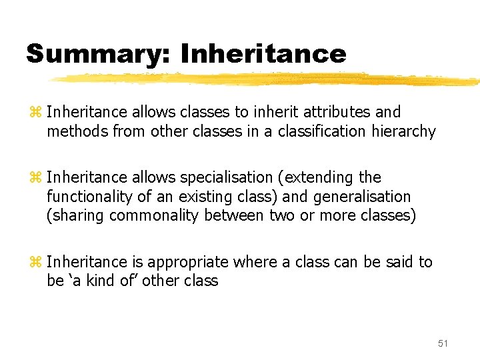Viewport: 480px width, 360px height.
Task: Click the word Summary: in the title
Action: coord(97,53)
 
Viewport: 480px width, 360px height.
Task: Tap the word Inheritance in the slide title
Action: coord(263,53)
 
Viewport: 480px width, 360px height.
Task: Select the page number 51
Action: coord(443,343)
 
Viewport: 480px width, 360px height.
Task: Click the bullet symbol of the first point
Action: coord(36,113)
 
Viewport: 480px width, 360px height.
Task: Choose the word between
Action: coord(239,216)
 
